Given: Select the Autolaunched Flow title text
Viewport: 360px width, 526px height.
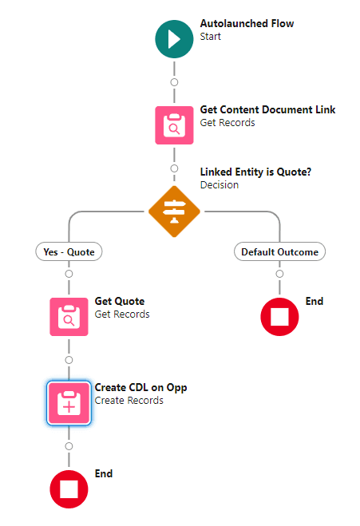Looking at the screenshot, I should (x=247, y=24).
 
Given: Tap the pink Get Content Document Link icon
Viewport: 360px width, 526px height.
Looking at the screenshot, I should (x=174, y=125).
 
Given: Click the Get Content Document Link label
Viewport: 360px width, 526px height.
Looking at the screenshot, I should (x=267, y=110).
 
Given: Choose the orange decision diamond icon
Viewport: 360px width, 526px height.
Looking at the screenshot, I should (x=174, y=210).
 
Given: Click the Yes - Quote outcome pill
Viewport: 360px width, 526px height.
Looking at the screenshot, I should (x=69, y=251).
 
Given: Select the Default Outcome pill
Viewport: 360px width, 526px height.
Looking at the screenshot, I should (x=279, y=251).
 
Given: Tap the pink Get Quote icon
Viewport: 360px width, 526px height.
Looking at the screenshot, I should (x=69, y=317).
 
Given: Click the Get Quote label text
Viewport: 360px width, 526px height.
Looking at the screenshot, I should (x=120, y=302).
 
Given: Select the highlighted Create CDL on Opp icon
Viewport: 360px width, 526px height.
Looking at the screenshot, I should (x=69, y=403).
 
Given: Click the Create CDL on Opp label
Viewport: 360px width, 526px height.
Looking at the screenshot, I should (x=140, y=388).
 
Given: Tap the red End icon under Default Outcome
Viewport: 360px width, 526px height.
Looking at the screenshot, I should (x=279, y=317).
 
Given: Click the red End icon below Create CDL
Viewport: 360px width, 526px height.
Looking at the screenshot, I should (x=69, y=489).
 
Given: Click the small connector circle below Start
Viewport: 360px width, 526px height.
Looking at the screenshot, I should (x=174, y=82).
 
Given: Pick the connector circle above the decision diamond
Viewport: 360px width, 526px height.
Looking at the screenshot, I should (x=174, y=168).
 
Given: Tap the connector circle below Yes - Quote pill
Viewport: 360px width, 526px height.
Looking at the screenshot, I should (x=69, y=274).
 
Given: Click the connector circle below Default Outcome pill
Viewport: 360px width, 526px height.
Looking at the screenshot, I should (x=279, y=274).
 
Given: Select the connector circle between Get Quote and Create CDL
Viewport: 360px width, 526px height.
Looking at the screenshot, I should (x=69, y=360).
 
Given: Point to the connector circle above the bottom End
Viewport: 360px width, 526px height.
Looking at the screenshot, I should (x=69, y=446).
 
